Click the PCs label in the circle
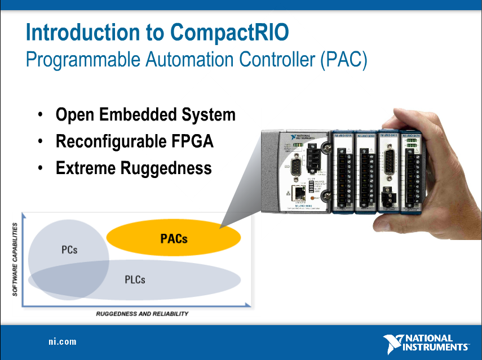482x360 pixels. coord(69,250)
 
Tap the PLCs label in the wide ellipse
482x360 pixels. coord(135,279)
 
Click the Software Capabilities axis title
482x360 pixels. coord(15,259)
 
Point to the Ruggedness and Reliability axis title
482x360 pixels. coord(142,314)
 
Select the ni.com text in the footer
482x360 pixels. coord(61,342)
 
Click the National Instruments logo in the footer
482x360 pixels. coord(426,343)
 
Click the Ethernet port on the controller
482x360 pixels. coord(299,192)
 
